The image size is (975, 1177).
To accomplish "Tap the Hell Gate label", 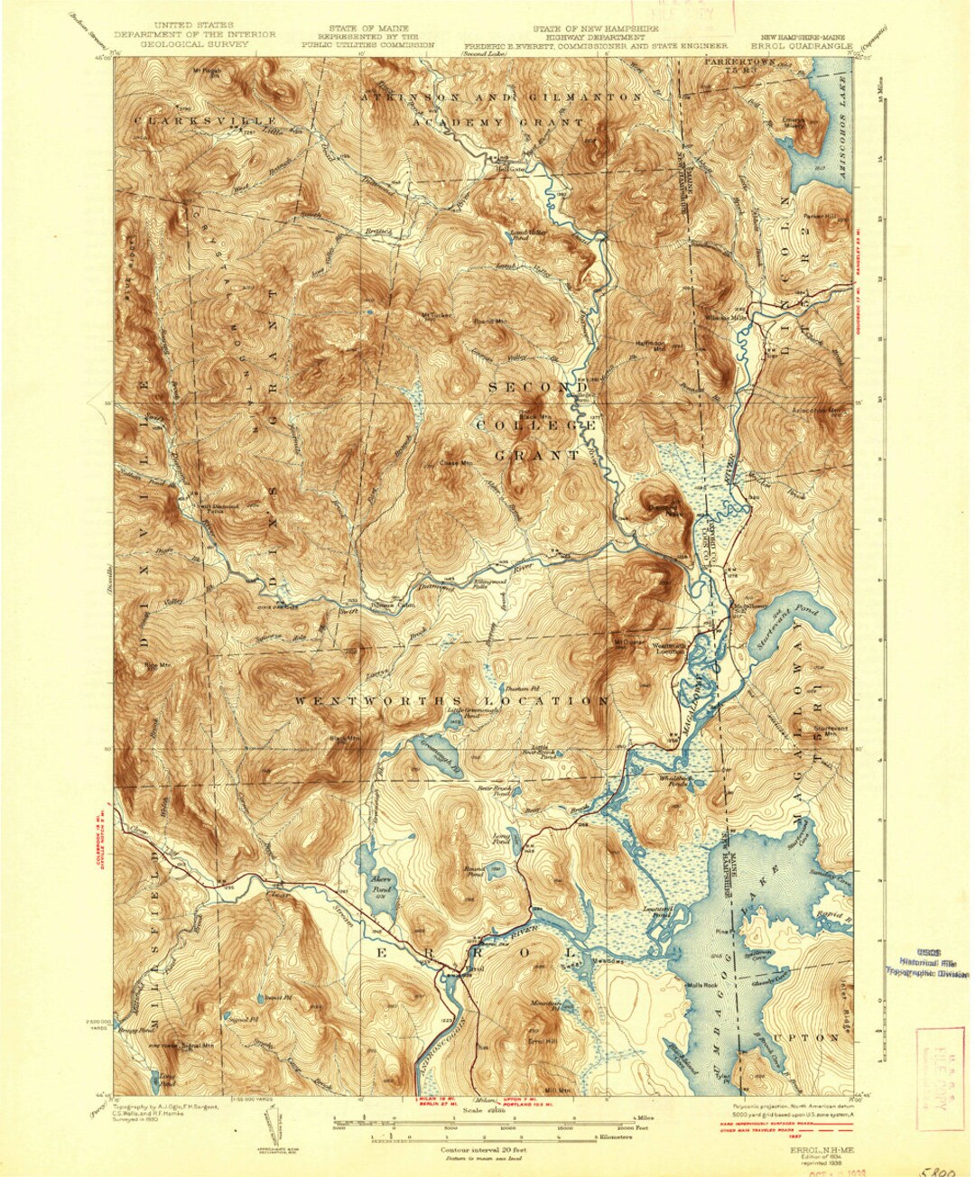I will pos(510,168).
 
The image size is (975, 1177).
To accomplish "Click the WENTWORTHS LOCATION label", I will pos(451,700).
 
